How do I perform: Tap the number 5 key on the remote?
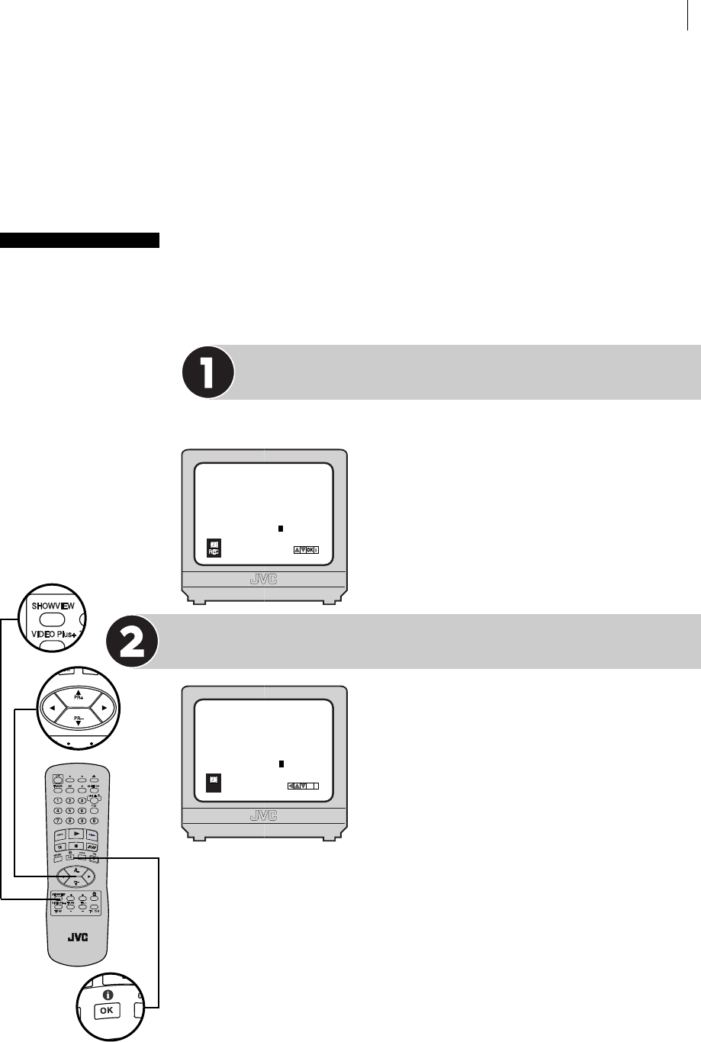pyautogui.click(x=69, y=810)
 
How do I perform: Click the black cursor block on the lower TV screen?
pyautogui.click(x=281, y=763)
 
